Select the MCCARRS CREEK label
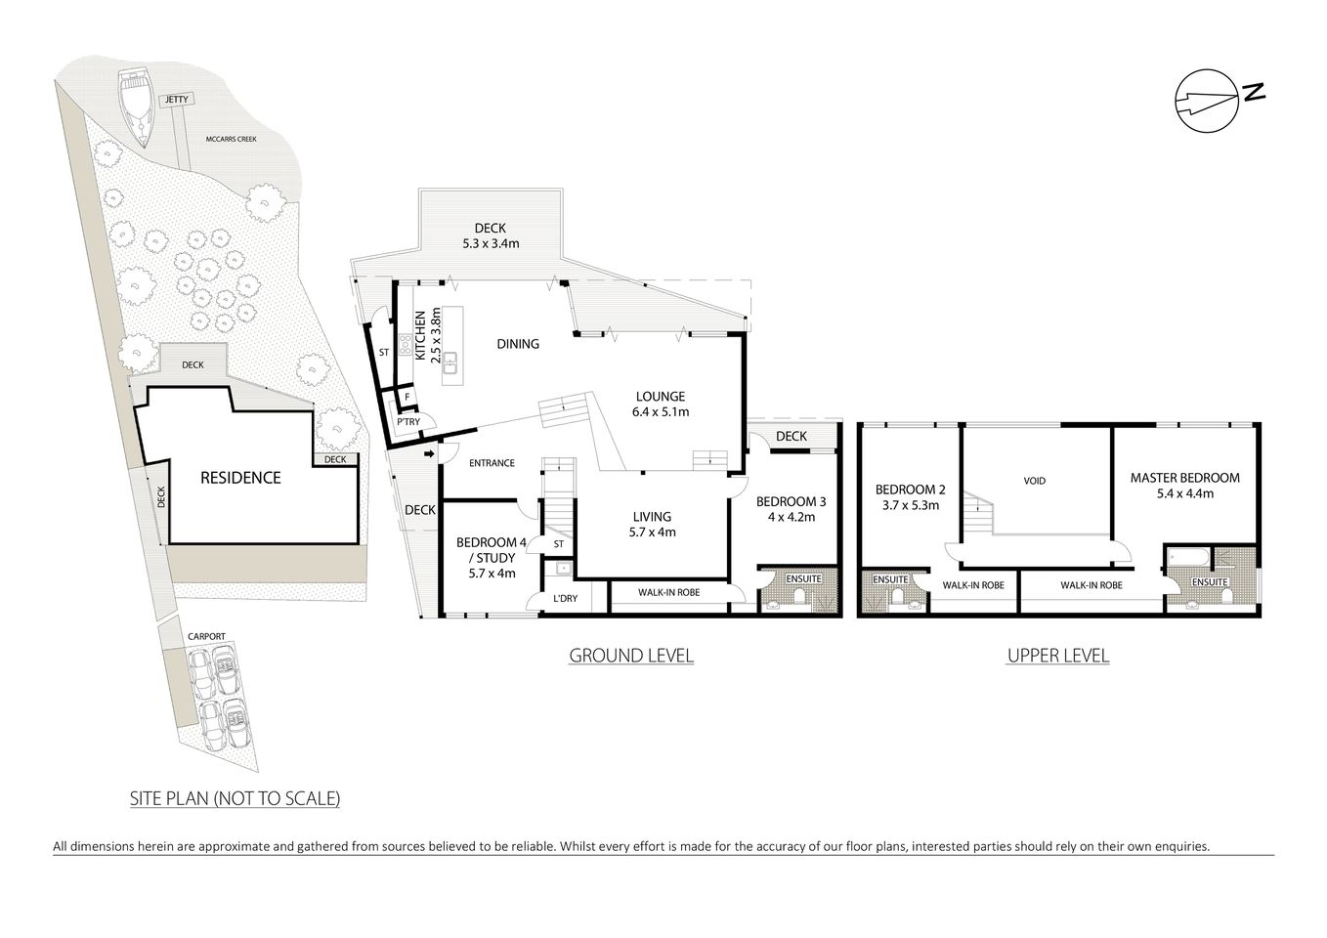231,140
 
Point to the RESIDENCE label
240,478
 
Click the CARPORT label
207,636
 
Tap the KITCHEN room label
420,336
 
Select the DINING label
518,344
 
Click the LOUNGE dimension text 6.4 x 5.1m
661,412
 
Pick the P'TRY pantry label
407,422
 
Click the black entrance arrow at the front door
431,453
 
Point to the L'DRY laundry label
564,598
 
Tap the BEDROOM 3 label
792,501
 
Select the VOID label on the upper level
1034,481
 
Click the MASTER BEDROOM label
1184,478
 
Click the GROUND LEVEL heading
631,656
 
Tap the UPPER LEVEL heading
1057,656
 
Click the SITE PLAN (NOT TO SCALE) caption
235,798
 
